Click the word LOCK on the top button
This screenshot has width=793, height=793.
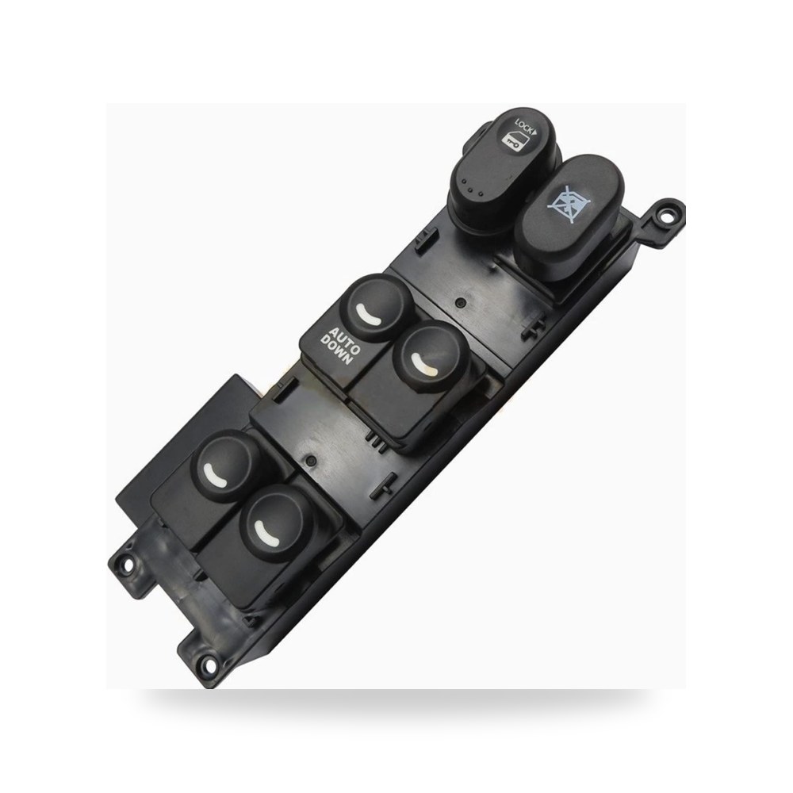coord(523,126)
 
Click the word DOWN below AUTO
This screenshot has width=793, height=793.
coord(336,348)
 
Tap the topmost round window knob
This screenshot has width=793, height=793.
coord(377,308)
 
